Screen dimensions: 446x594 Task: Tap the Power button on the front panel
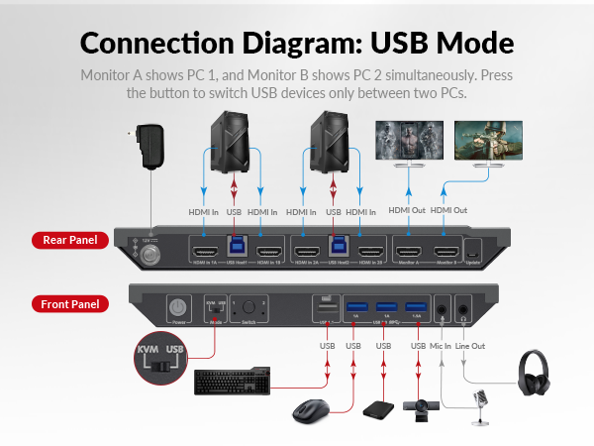click(x=180, y=308)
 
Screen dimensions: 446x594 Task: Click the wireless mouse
click(x=313, y=411)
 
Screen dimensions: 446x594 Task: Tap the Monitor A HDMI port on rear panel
click(x=409, y=252)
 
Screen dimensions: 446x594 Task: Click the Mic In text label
click(x=439, y=345)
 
